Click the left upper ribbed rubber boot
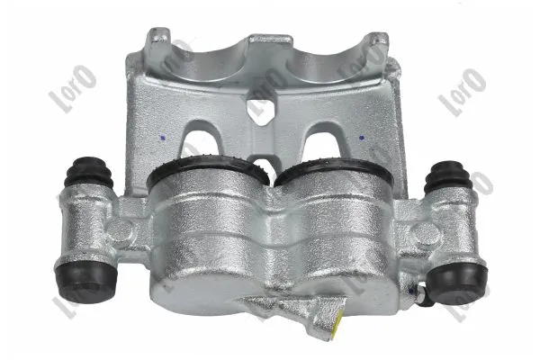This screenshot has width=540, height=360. click(x=89, y=175)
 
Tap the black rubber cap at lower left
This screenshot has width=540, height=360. click(x=85, y=280)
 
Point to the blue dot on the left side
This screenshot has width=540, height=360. click(x=163, y=138)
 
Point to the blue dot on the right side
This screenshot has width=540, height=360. click(x=361, y=138)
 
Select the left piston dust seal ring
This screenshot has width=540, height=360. click(x=208, y=170)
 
